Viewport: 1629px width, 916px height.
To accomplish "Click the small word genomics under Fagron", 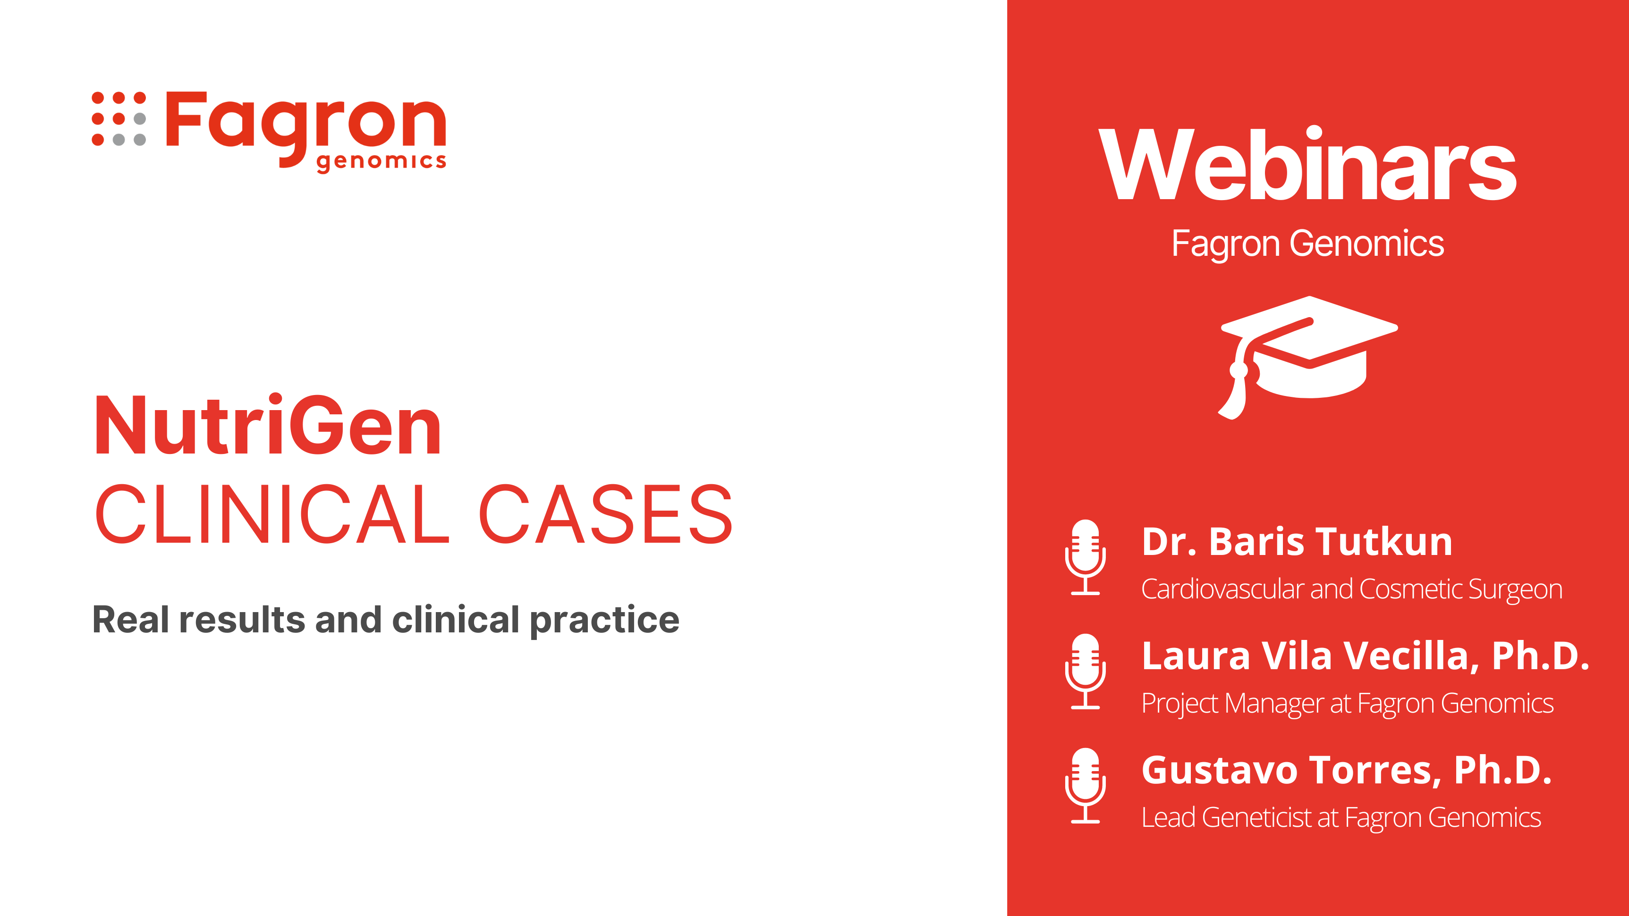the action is pyautogui.click(x=382, y=161).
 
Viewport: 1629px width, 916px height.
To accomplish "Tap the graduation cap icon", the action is pyautogui.click(x=1308, y=358).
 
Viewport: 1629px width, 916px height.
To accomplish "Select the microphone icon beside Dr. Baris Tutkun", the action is pyautogui.click(x=1085, y=557).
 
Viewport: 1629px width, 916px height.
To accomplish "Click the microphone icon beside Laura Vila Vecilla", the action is pyautogui.click(x=1085, y=672).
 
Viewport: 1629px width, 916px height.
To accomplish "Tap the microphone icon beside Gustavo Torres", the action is pyautogui.click(x=1085, y=786).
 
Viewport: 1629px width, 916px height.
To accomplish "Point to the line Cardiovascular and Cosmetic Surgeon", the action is pyautogui.click(x=1352, y=589).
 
